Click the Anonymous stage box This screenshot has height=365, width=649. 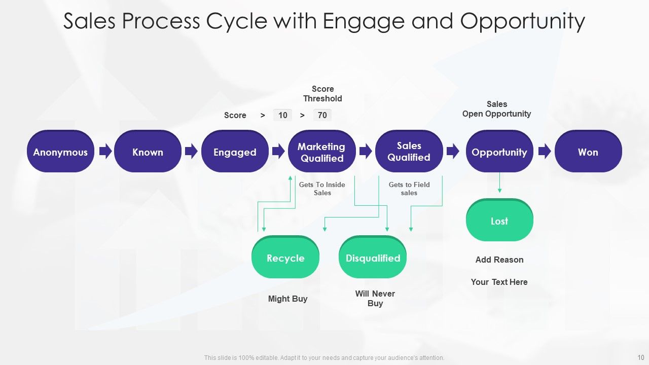tap(60, 151)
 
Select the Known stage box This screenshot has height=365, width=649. tap(148, 151)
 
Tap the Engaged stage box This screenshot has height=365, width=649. tap(235, 151)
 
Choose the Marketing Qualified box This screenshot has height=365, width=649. tap(322, 151)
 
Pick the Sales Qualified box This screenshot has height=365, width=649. tap(409, 151)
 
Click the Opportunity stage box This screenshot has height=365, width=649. tap(499, 151)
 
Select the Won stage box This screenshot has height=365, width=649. tap(588, 151)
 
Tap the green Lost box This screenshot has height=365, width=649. tap(499, 220)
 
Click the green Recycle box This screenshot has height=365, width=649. tap(285, 257)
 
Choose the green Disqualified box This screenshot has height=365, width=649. tap(373, 257)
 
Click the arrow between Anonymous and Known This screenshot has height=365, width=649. tap(105, 151)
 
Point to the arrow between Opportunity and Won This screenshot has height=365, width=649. tap(545, 151)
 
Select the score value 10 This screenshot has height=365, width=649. tap(282, 115)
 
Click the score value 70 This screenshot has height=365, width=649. tap(322, 115)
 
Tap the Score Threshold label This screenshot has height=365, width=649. tap(323, 94)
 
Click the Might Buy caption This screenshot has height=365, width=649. tap(287, 299)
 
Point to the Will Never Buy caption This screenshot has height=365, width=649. tap(375, 299)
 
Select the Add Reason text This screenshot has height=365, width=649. tap(499, 260)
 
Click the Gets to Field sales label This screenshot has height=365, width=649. tap(409, 189)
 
